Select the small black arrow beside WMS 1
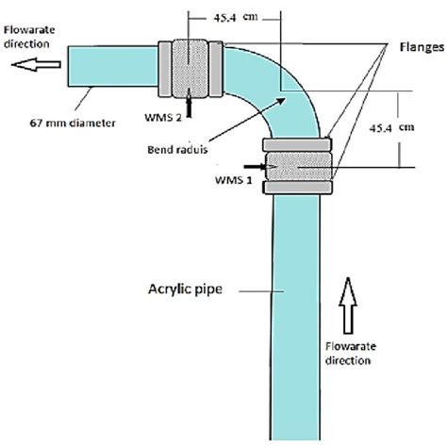258,165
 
